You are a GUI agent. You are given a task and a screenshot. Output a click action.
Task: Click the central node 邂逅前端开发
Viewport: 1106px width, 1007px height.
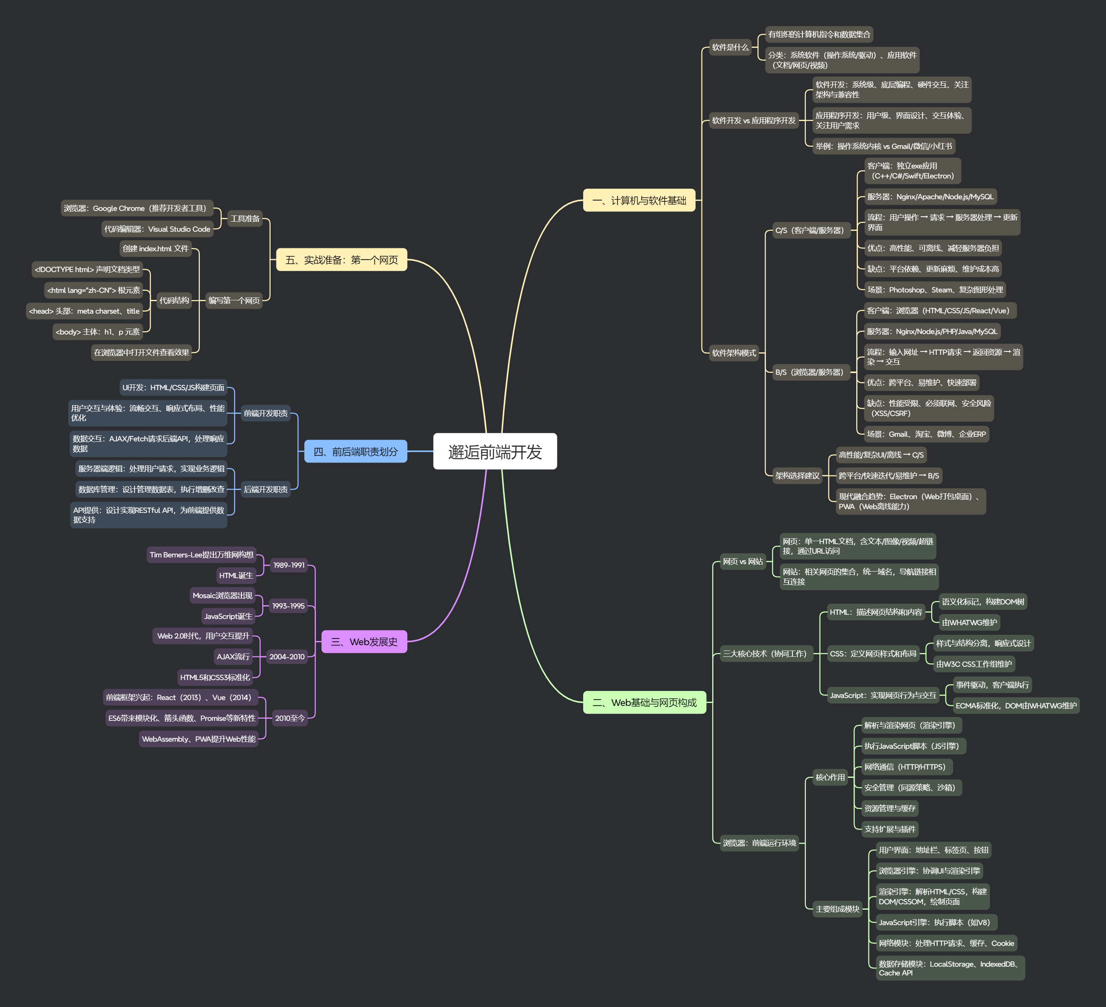point(495,451)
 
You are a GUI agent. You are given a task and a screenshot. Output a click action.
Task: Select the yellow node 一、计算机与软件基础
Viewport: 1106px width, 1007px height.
point(639,200)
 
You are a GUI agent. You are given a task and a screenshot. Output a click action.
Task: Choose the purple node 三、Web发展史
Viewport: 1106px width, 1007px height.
point(364,641)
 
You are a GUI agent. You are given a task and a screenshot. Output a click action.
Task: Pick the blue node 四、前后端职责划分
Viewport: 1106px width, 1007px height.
point(355,451)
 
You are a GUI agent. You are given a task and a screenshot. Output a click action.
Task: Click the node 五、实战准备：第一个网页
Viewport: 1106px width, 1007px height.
point(341,260)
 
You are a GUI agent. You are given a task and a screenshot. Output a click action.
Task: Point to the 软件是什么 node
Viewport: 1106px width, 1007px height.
point(730,47)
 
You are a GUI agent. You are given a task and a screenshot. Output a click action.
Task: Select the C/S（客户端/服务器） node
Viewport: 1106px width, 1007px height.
point(809,230)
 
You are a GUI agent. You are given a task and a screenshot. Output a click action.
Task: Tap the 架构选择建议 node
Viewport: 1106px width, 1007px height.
point(797,475)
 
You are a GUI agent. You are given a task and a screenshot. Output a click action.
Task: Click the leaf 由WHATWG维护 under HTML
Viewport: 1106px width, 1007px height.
point(969,622)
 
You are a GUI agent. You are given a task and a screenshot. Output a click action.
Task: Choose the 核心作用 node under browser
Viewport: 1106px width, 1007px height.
point(830,777)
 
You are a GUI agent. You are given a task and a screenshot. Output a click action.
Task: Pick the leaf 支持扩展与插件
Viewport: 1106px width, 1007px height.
point(889,829)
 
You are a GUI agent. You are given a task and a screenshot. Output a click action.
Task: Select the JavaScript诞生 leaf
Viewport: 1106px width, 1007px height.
point(228,616)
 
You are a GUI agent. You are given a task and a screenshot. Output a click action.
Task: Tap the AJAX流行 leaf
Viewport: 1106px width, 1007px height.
point(233,656)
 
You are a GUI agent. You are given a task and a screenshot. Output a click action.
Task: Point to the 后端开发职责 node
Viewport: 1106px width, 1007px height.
point(266,489)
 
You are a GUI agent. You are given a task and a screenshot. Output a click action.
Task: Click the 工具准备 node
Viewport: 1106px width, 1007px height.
point(245,218)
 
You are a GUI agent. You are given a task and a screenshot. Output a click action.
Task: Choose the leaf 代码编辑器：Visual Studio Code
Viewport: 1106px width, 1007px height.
point(157,229)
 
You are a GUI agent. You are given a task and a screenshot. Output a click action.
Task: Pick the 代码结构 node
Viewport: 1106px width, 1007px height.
point(174,300)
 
